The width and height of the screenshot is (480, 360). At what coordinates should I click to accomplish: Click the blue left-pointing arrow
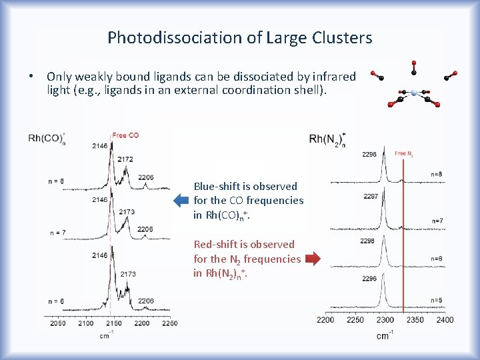click(x=181, y=201)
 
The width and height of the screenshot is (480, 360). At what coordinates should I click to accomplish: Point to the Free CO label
click(x=125, y=135)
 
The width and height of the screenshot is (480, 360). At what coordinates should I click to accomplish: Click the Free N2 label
click(x=404, y=154)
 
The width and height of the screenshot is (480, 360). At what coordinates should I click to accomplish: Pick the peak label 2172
click(x=125, y=159)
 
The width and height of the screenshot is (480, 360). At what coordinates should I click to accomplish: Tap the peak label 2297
click(x=372, y=197)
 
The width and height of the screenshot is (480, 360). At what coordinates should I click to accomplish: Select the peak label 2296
click(x=370, y=279)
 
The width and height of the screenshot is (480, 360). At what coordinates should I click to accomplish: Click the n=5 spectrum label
click(x=437, y=301)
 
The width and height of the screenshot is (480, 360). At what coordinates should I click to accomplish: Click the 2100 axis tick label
click(x=85, y=323)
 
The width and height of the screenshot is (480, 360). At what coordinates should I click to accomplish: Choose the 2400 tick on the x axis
click(x=444, y=320)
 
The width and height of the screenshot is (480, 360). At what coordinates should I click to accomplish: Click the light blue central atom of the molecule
click(x=414, y=95)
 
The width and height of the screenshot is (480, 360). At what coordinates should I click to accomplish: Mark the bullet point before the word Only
click(x=31, y=77)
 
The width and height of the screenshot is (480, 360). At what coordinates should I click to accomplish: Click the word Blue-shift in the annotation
click(x=216, y=187)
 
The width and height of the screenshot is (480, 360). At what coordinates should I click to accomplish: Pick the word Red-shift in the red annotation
click(x=215, y=245)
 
